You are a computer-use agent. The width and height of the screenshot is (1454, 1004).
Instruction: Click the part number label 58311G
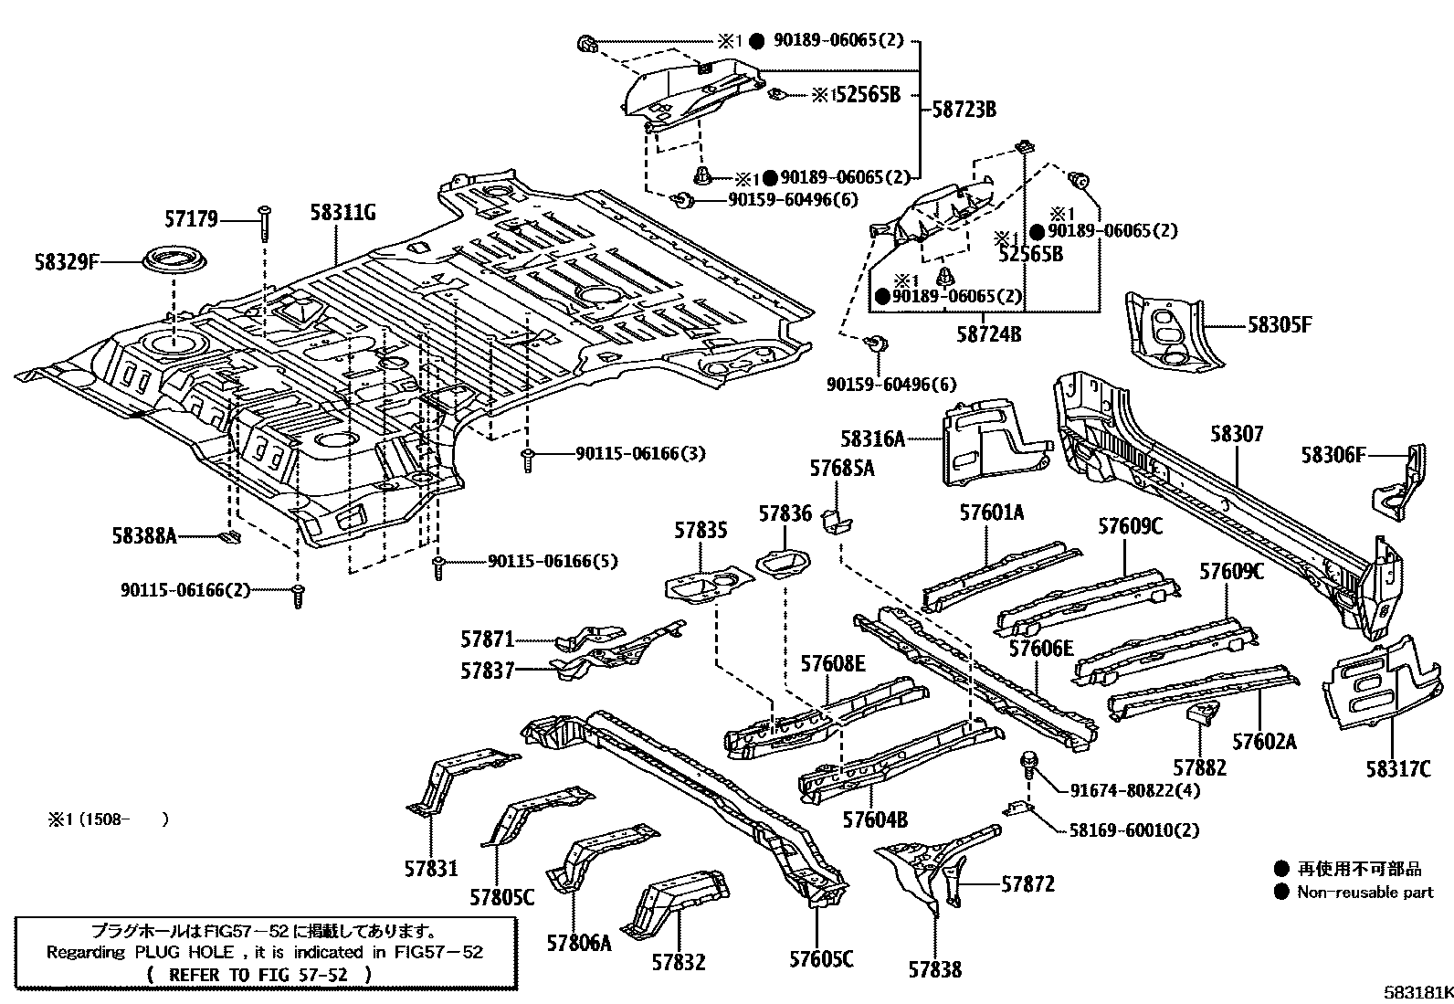343,215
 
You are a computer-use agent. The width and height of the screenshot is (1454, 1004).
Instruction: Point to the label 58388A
144,536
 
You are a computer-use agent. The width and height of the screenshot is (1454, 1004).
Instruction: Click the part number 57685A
841,469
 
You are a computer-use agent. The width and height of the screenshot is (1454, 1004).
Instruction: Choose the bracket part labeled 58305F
1164,332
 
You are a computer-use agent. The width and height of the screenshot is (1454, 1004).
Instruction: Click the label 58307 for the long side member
1237,434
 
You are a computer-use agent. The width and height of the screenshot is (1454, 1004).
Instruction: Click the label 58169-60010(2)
1133,830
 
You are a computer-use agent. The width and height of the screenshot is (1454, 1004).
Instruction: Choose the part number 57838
934,969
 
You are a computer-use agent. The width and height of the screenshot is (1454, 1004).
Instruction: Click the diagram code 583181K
1416,991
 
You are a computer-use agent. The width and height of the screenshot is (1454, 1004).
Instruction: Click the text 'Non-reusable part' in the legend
1364,893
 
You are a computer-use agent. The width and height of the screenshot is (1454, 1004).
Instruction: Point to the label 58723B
964,110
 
